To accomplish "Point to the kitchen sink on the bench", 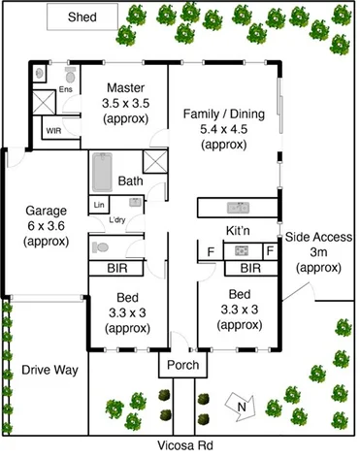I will tap(237, 208).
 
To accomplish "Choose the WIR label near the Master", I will tap(53, 128).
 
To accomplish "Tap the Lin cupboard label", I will tap(99, 205).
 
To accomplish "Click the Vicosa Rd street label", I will tap(181, 446).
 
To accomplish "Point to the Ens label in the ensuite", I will tap(66, 90).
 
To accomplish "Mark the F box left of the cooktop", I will tap(210, 251).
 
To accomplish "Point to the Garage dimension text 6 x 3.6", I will tap(45, 225).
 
